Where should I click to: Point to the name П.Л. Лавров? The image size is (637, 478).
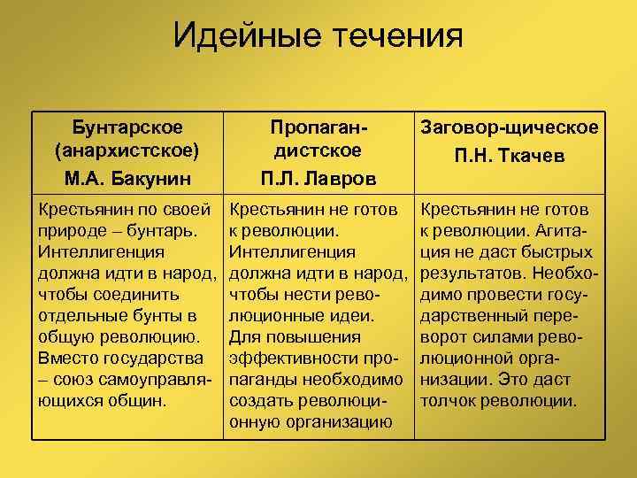pyautogui.click(x=318, y=178)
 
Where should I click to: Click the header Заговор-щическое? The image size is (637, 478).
pyautogui.click(x=510, y=128)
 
